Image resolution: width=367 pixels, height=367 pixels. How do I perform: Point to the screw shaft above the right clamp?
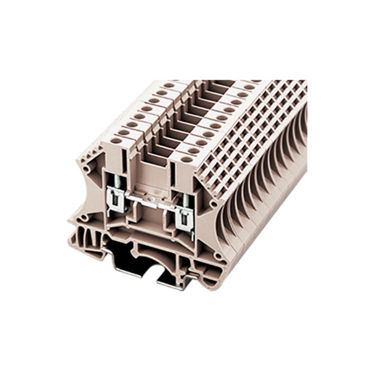click(185, 200)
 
